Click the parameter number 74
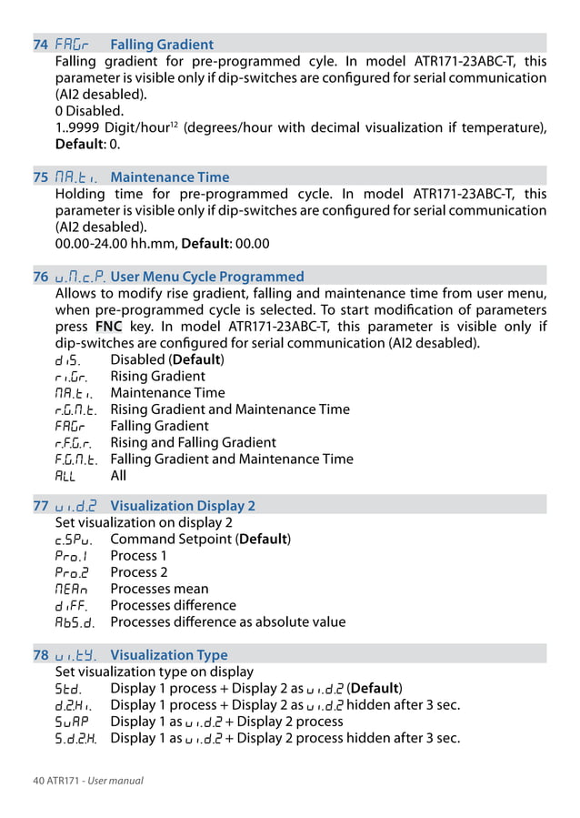[x=41, y=45]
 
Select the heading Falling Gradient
[x=162, y=45]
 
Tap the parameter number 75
[x=41, y=177]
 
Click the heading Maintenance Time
[x=169, y=177]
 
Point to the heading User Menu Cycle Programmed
[x=207, y=277]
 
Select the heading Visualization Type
[x=169, y=655]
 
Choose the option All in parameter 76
[x=118, y=475]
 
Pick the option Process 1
[x=138, y=556]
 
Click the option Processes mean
[x=159, y=589]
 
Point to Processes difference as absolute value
[x=227, y=622]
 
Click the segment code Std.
[x=68, y=688]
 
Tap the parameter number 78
[x=41, y=655]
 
